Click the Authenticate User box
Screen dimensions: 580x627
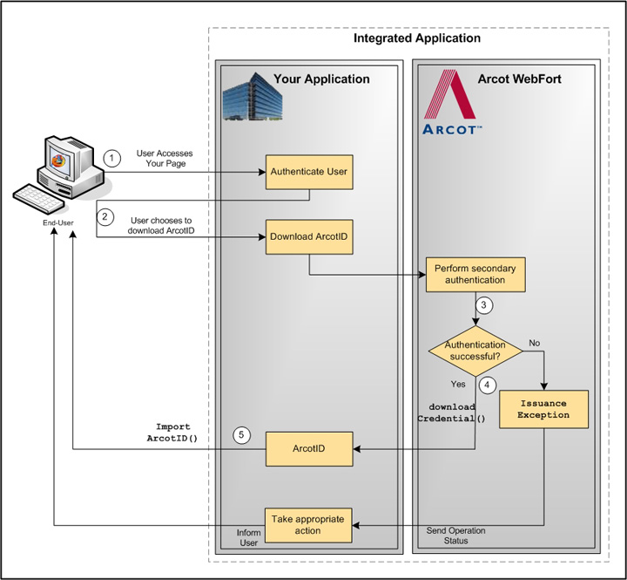pyautogui.click(x=308, y=172)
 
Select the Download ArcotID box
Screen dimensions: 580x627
pyautogui.click(x=308, y=236)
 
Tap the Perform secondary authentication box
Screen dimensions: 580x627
pyautogui.click(x=475, y=275)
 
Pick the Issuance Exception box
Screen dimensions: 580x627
pyautogui.click(x=543, y=409)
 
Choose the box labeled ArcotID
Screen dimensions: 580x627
pyautogui.click(x=308, y=448)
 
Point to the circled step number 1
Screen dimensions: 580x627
pyautogui.click(x=111, y=159)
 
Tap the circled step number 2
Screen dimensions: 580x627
pyautogui.click(x=105, y=217)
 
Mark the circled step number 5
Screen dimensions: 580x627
pyautogui.click(x=243, y=434)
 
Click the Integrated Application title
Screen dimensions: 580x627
pyautogui.click(x=416, y=38)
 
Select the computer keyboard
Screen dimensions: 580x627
pyautogui.click(x=42, y=198)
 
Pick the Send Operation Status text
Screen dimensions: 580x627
pyautogui.click(x=455, y=536)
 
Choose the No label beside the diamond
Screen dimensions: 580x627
pyautogui.click(x=535, y=343)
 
